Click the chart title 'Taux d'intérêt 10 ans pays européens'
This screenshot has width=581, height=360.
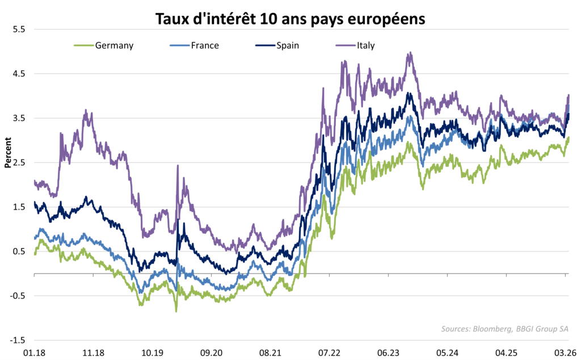(290, 19)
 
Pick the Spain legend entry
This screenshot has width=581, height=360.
(288, 45)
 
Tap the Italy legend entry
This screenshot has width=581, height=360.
(365, 45)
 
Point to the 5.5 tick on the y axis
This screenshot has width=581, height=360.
(19, 29)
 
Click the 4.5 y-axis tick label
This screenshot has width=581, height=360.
(19, 73)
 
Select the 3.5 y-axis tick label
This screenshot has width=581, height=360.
(19, 118)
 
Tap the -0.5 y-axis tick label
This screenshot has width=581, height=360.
(18, 296)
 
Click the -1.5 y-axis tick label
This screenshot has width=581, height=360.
(18, 340)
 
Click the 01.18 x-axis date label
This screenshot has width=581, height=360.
(34, 352)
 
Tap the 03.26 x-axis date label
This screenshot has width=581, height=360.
(566, 352)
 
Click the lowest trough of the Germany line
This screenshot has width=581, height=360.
(176, 311)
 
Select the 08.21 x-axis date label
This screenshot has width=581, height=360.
(270, 352)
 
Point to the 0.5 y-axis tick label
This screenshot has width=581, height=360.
(19, 252)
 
